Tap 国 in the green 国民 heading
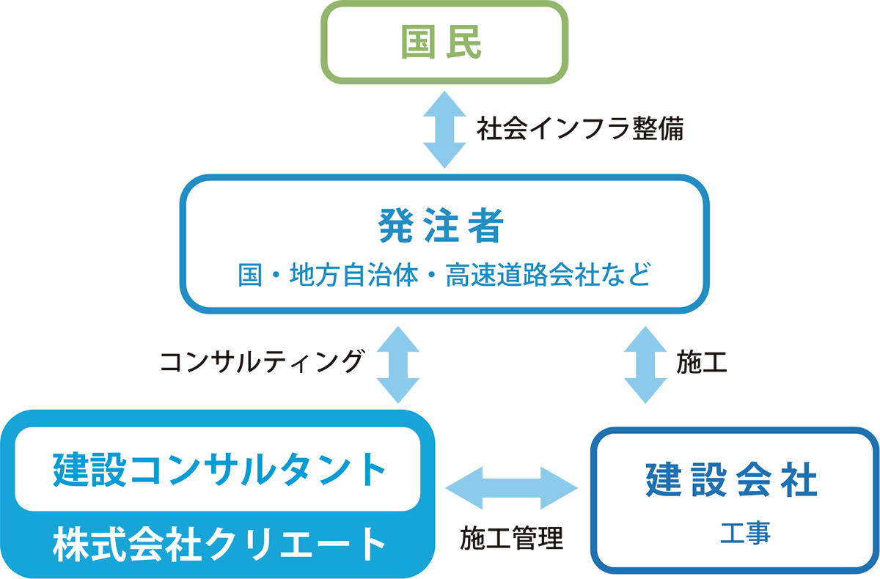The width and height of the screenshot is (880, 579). (421, 43)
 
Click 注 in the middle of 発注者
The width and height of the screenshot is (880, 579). (442, 226)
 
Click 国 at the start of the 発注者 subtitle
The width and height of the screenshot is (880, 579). (249, 277)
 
